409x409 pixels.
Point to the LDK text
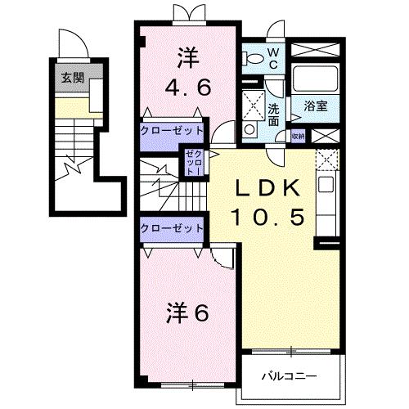click(264, 187)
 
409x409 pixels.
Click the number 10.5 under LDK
click(264, 216)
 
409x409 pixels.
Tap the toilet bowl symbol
click(254, 57)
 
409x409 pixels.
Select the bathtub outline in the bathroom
click(314, 80)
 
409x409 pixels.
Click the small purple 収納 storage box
click(296, 137)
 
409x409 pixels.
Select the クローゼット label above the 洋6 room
click(169, 227)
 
